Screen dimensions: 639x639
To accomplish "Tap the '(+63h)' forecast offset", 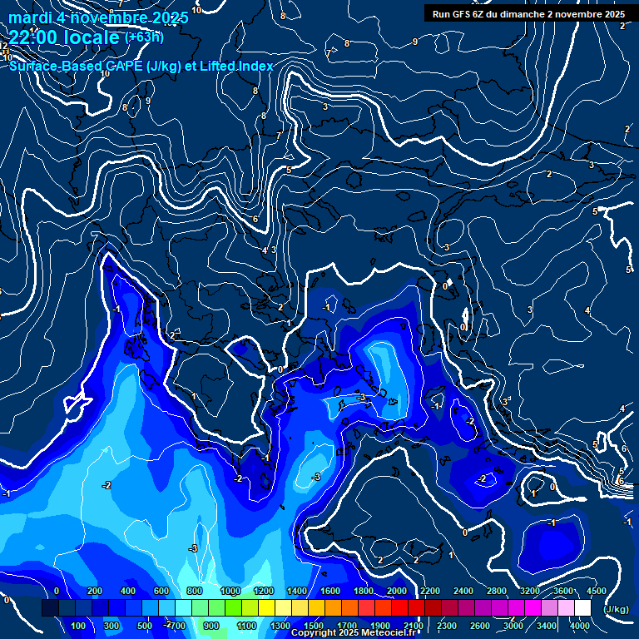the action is tap(144, 37).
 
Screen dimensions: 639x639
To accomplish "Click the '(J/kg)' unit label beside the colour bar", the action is tap(615, 610).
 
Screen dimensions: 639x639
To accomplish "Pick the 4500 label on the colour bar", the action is tap(596, 591).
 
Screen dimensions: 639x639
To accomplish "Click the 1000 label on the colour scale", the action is tap(230, 591).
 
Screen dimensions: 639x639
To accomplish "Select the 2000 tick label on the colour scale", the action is tap(397, 591).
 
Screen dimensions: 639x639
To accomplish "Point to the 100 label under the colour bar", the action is tap(78, 626).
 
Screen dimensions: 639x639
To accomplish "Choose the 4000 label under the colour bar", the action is tap(580, 626).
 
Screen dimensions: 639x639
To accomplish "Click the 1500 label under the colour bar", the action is tap(313, 626).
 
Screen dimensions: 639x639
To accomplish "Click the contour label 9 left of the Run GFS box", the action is tap(414, 42).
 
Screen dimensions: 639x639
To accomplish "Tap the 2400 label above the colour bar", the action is tap(463, 591).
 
